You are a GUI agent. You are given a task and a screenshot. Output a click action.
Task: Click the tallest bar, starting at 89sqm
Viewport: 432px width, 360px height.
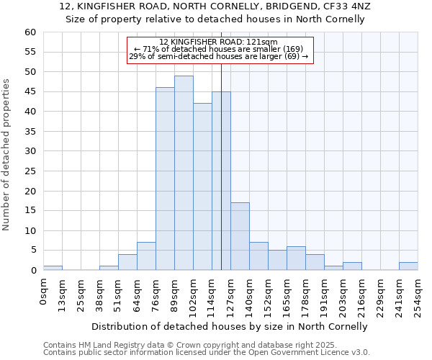pos(184,173)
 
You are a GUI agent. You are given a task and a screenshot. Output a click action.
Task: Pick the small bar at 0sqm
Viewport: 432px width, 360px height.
pos(53,268)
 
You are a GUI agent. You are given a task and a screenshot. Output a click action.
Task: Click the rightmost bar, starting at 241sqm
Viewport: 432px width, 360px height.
pos(408,266)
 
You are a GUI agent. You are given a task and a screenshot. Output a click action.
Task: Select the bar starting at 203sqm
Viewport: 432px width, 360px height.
pos(352,266)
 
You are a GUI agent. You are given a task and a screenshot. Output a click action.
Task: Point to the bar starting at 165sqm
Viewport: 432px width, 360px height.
pos(296,258)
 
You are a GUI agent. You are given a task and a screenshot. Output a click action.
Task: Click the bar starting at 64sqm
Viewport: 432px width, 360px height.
pos(146,256)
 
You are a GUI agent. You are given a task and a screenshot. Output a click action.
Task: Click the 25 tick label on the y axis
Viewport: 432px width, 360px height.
pos(30,171)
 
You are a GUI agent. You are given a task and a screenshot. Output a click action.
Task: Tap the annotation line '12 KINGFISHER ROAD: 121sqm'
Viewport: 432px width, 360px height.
pos(219,42)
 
